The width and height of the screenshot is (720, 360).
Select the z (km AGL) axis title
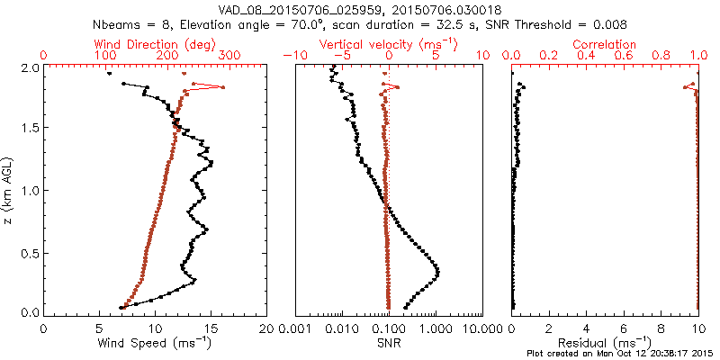point(8,190)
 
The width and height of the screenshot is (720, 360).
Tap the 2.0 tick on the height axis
point(29,67)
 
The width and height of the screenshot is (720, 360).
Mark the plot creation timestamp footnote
point(620,353)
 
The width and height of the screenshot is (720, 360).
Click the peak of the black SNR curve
point(437,272)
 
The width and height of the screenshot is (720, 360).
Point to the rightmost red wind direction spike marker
point(222,87)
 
